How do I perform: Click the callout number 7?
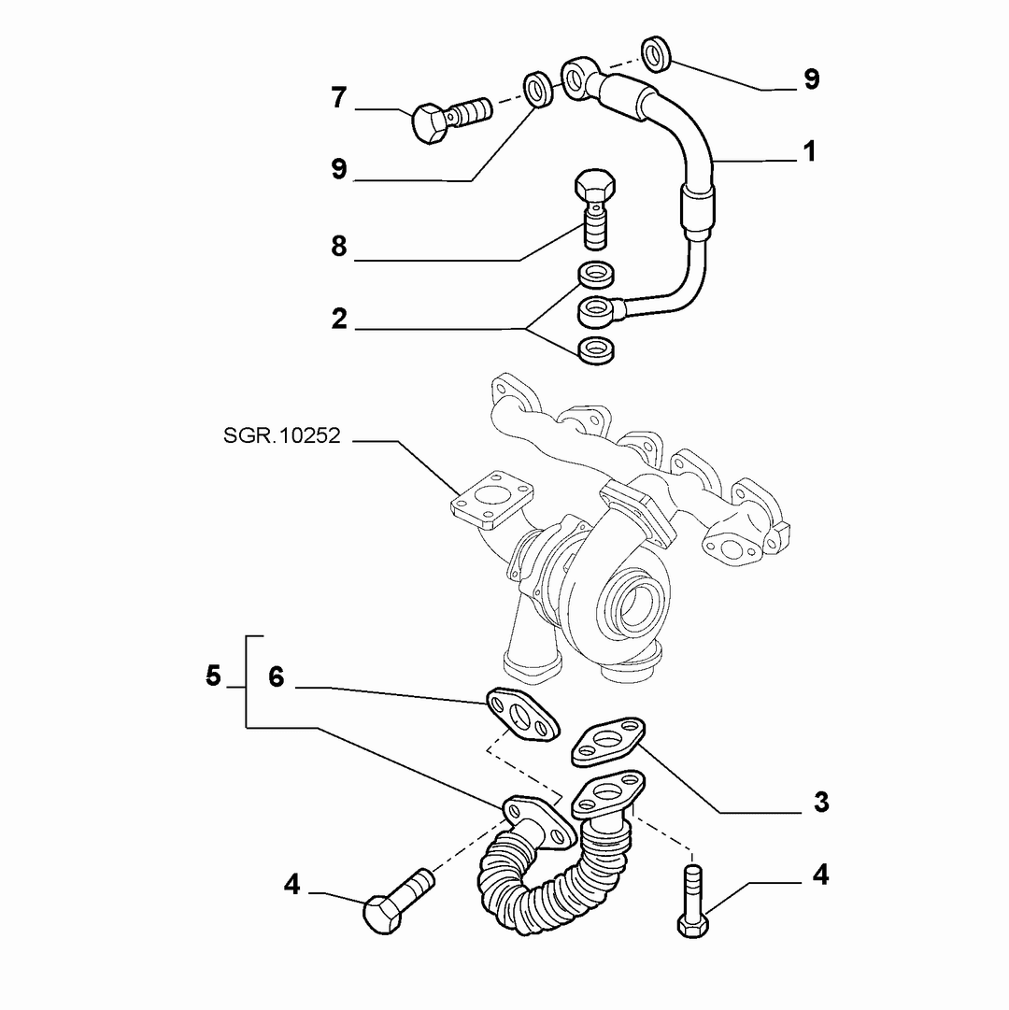click(339, 98)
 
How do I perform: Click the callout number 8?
click(339, 246)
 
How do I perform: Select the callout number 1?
click(809, 151)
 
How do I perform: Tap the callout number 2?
click(339, 319)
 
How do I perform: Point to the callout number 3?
click(821, 802)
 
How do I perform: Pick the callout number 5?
click(213, 676)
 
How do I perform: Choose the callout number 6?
click(277, 677)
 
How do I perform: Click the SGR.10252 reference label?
click(281, 435)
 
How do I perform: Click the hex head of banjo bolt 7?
click(428, 122)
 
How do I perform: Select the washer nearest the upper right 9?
click(657, 53)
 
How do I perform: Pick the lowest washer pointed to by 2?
click(596, 349)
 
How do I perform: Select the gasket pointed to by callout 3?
click(608, 742)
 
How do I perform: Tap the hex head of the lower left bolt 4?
click(382, 914)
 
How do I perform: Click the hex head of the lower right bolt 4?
click(693, 927)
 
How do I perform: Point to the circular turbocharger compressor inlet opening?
click(632, 603)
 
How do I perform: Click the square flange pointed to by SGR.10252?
click(492, 501)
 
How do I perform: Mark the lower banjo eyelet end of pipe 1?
click(598, 312)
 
